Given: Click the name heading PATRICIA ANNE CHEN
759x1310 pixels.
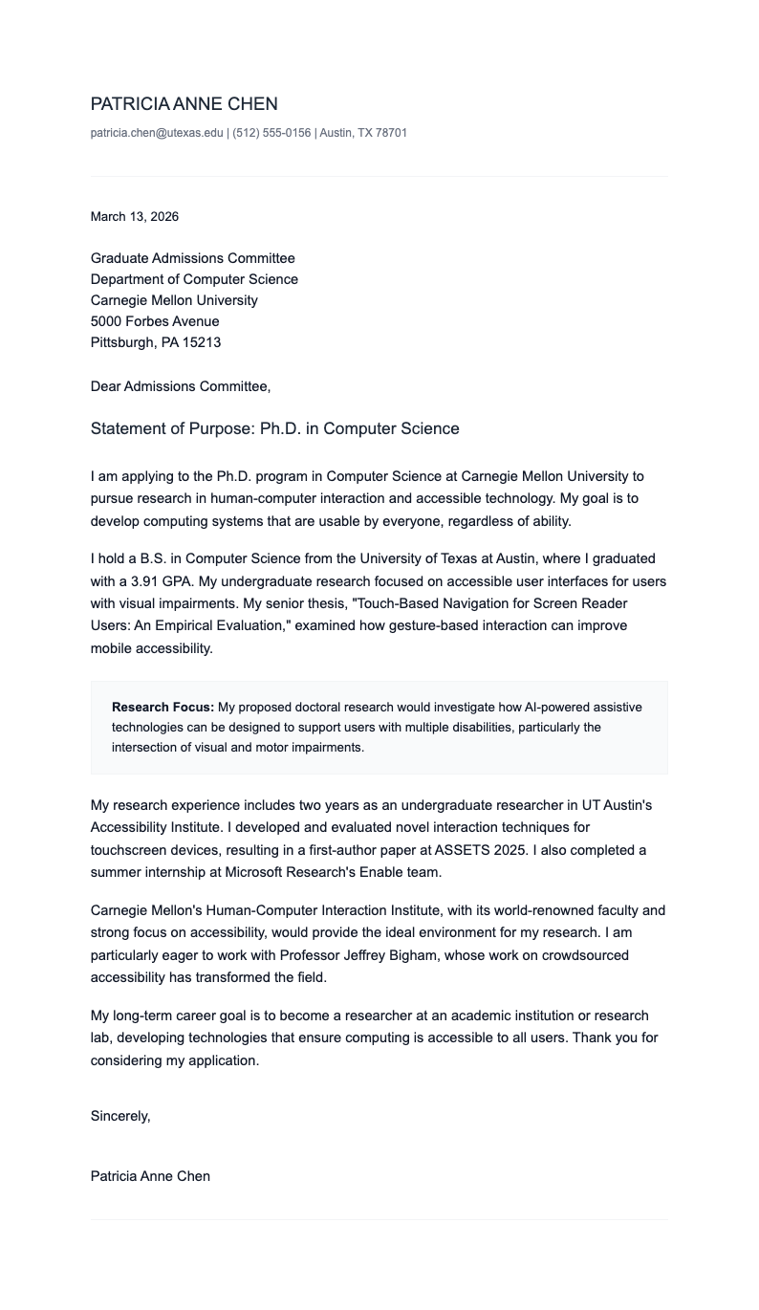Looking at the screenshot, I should [x=184, y=104].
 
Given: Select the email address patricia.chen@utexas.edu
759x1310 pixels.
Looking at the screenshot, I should [x=157, y=133].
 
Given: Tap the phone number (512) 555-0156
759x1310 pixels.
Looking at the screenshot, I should [x=271, y=133].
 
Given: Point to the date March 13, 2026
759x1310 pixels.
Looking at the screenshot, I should [x=135, y=217].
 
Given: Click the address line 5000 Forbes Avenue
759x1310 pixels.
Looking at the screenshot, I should [x=155, y=321].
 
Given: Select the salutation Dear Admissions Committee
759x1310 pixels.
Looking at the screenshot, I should [x=180, y=386].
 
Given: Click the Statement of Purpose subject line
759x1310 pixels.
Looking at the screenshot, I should [x=274, y=428].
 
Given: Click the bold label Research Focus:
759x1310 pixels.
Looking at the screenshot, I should [x=163, y=708].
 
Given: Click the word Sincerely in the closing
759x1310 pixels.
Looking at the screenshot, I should [x=119, y=1116].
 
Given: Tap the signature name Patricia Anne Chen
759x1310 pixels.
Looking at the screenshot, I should [x=150, y=1176].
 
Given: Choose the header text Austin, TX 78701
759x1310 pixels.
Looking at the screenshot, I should [x=363, y=133].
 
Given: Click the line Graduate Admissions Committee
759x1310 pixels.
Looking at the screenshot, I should [x=192, y=258].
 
